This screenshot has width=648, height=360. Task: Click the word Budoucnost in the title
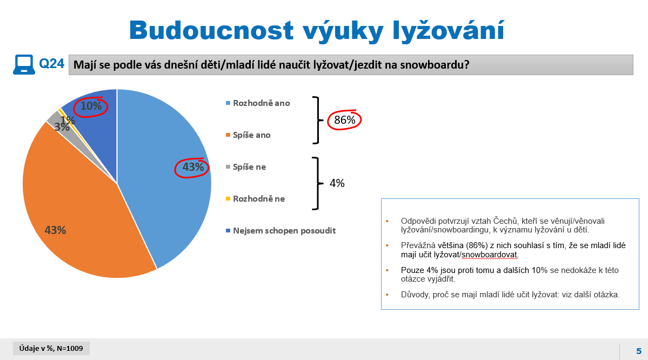tap(212, 30)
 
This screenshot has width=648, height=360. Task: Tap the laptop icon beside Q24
tap(24, 64)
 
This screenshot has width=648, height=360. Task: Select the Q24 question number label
tap(52, 64)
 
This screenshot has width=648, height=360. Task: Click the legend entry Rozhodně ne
tap(256, 199)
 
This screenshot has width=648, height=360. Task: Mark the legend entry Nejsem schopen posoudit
tap(280, 231)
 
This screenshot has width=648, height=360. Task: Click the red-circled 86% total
tap(345, 120)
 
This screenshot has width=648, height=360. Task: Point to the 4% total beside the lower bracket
tap(337, 183)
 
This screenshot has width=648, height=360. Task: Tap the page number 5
tap(638, 351)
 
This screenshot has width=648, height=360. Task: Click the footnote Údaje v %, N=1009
tap(51, 349)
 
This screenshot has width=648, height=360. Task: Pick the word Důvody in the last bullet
tap(415, 295)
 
